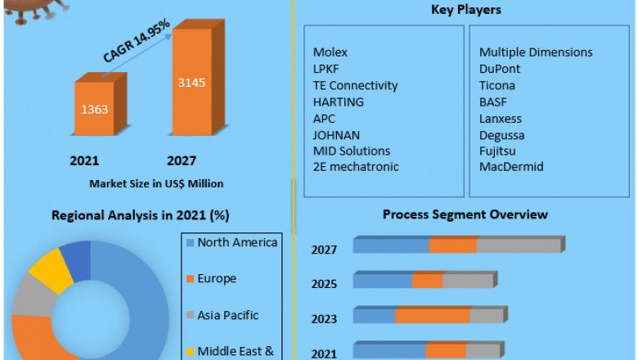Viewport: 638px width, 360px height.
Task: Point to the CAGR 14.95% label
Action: click(137, 42)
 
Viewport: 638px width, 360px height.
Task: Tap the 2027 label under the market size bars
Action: click(181, 160)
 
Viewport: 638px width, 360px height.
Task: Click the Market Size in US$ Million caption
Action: click(156, 183)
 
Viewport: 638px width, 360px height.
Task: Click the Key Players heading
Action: click(466, 10)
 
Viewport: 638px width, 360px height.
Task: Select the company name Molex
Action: click(330, 52)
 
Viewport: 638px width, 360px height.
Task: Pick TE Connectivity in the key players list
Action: click(355, 85)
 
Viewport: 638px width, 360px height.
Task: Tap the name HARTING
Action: click(338, 101)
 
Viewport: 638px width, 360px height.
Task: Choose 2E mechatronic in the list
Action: click(356, 167)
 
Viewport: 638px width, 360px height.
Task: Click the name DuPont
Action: click(500, 69)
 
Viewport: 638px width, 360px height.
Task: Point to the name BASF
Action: click(494, 101)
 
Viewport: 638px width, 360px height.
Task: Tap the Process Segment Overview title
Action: click(465, 214)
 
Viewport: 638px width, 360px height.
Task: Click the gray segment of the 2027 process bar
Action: click(519, 245)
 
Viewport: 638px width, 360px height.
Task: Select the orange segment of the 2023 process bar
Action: click(433, 316)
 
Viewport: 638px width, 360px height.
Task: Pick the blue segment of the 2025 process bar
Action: click(382, 281)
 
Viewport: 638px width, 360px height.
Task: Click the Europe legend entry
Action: click(217, 278)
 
